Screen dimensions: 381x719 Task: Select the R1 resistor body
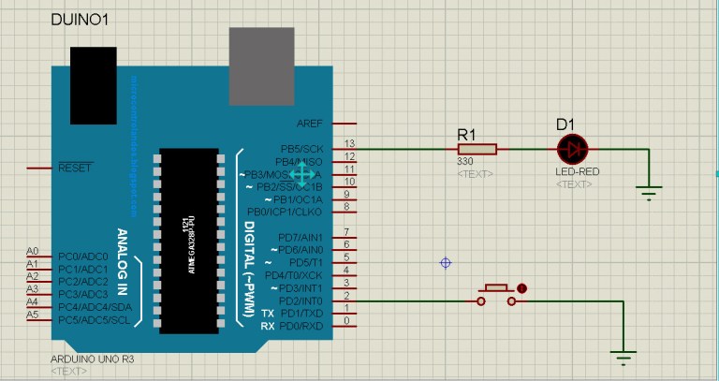click(x=477, y=149)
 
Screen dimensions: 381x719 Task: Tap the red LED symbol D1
click(x=570, y=149)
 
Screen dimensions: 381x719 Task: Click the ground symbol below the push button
click(x=622, y=356)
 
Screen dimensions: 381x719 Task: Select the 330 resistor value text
click(x=465, y=161)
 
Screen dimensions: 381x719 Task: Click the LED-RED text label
click(x=577, y=172)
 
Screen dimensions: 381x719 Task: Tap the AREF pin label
click(x=309, y=124)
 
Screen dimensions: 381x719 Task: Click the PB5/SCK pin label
click(x=301, y=149)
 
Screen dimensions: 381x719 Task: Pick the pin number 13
click(x=348, y=143)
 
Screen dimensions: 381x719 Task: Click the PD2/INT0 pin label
click(x=301, y=300)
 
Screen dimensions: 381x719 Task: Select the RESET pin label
click(x=75, y=168)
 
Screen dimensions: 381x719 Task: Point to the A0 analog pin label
click(x=33, y=252)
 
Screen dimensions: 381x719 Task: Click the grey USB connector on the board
click(x=261, y=66)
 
